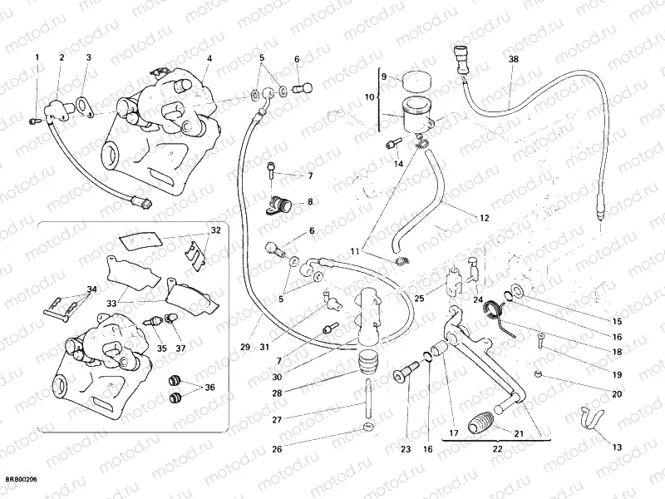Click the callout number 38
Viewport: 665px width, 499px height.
pos(513,59)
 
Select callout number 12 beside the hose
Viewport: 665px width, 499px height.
pos(483,218)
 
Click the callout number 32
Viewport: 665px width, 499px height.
pos(215,230)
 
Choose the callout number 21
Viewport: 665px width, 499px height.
pos(518,432)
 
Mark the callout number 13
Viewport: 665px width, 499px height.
pos(616,447)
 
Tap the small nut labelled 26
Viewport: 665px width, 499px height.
pos(367,428)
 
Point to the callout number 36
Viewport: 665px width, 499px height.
pos(209,387)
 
